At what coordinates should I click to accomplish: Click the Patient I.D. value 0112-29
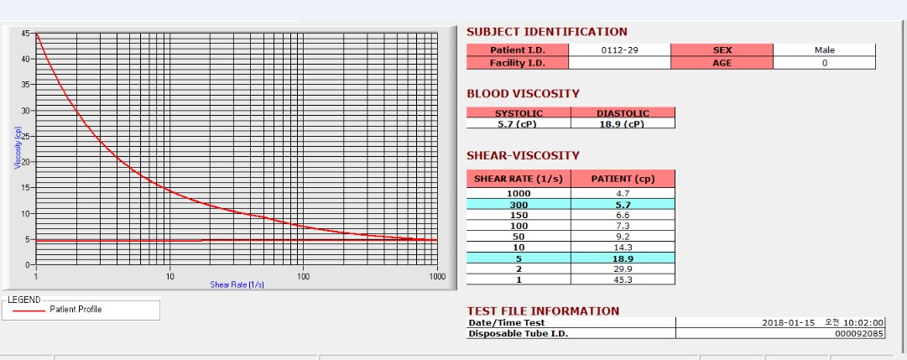[x=620, y=50]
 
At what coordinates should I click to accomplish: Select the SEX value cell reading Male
[x=824, y=50]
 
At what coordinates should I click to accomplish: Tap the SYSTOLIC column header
[x=519, y=113]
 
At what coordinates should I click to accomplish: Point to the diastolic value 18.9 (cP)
[x=623, y=123]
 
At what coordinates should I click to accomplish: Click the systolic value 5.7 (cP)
[x=519, y=123]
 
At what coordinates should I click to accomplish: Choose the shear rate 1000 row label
[x=519, y=193]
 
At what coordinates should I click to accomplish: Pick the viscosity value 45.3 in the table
[x=623, y=279]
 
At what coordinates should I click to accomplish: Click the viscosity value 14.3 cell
[x=623, y=248]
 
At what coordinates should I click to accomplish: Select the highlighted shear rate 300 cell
[x=519, y=204]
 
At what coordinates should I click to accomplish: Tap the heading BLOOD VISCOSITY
[x=523, y=94]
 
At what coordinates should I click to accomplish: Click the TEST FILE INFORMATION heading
[x=543, y=311]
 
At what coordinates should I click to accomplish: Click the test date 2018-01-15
[x=788, y=323]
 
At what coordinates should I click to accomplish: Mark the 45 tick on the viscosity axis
[x=25, y=34]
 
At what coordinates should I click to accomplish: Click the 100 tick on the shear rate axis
[x=303, y=276]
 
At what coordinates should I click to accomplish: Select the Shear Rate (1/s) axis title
[x=237, y=284]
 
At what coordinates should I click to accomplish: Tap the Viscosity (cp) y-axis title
[x=18, y=148]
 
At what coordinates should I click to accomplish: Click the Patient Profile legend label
[x=76, y=310]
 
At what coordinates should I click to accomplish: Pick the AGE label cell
[x=722, y=62]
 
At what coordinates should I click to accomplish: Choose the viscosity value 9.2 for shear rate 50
[x=623, y=237]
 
